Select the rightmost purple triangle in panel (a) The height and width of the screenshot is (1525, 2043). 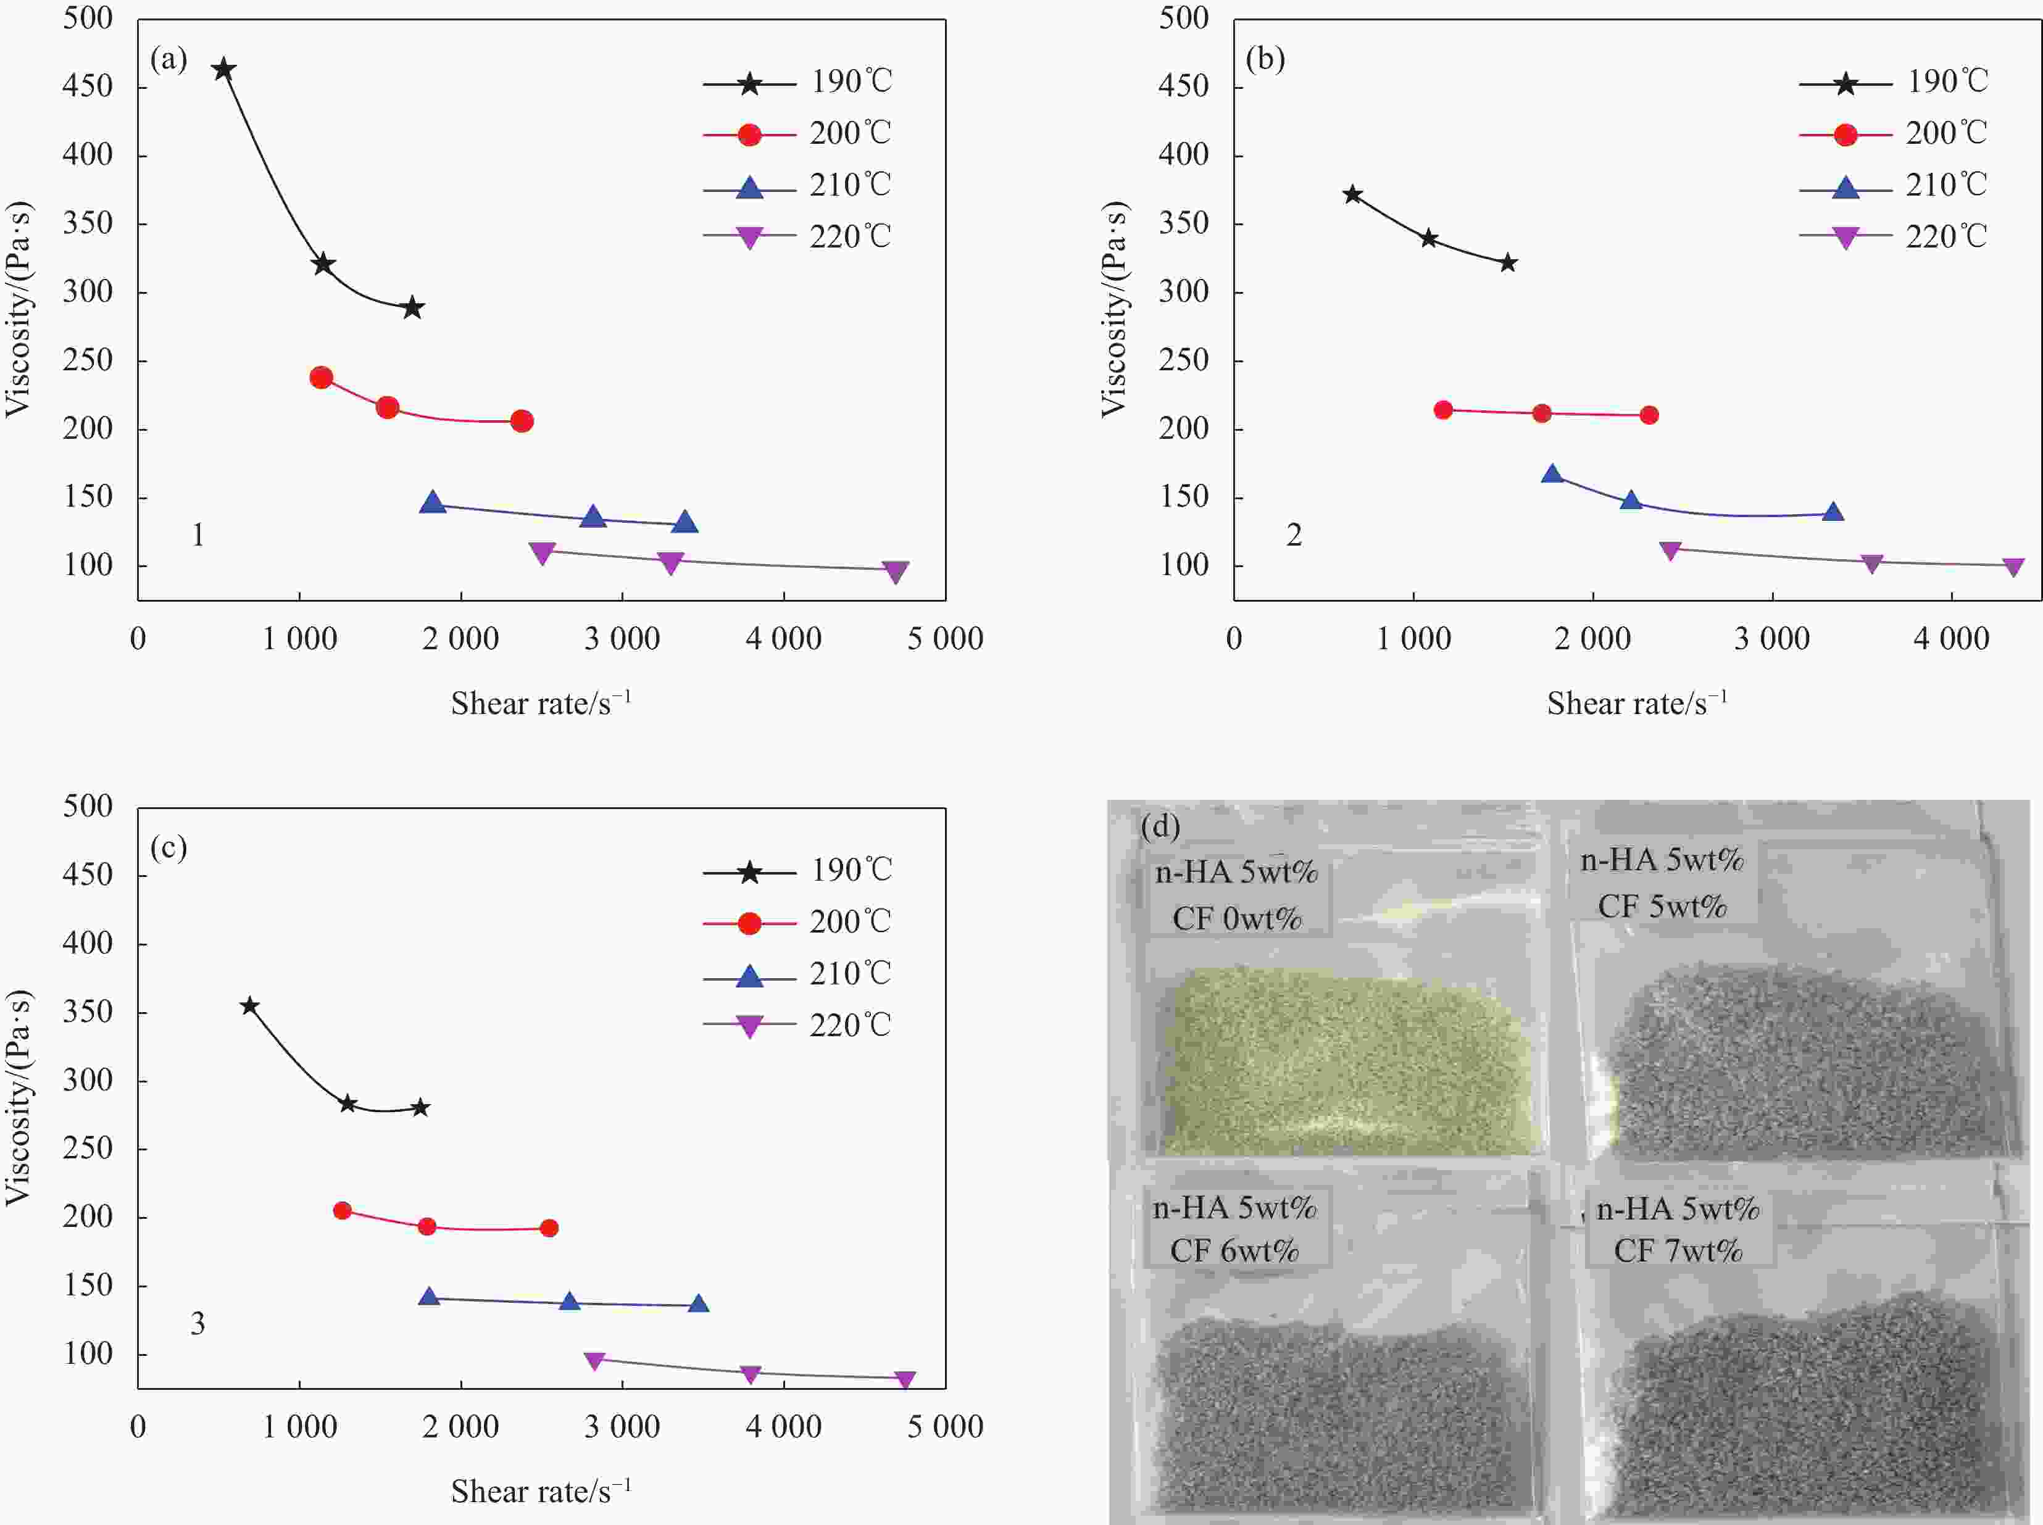pos(894,571)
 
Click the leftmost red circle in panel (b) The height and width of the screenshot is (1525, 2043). pos(1443,410)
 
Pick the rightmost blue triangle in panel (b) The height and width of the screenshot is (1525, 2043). pos(1833,512)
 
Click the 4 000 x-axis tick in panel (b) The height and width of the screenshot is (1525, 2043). pos(1950,639)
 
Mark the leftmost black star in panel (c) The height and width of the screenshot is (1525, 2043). pos(249,1005)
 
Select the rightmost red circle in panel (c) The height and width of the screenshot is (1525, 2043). pos(548,1228)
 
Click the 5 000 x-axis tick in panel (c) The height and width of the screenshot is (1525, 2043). pos(946,1427)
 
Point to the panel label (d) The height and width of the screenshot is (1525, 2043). pos(1160,825)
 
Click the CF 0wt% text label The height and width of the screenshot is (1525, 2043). pos(1237,918)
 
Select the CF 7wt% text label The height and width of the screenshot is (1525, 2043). pos(1678,1251)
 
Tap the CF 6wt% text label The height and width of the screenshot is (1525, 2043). pos(1234,1251)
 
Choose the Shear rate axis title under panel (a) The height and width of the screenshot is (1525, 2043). pos(541,704)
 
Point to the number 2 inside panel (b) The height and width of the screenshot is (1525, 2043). pos(1294,536)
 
